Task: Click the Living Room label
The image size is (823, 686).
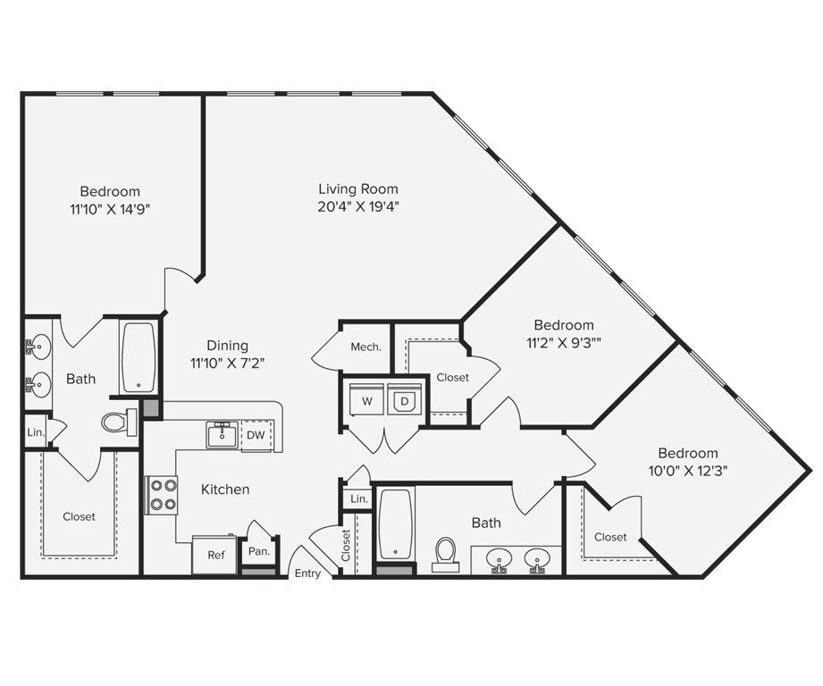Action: (358, 189)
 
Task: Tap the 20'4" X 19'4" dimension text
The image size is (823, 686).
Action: (358, 207)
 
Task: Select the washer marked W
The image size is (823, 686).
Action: (366, 402)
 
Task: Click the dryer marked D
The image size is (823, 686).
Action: (404, 402)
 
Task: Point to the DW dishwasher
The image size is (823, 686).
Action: (256, 435)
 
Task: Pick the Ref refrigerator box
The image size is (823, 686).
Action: (215, 555)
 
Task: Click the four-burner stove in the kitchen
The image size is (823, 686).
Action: (163, 496)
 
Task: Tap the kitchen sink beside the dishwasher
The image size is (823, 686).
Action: (222, 435)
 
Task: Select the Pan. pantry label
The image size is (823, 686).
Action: (259, 552)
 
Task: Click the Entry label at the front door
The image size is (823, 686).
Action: (307, 573)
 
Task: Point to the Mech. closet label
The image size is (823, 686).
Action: (366, 347)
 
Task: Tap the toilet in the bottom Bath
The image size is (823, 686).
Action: (445, 554)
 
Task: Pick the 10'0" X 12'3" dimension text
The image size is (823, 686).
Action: (687, 471)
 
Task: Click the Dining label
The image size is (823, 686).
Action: (227, 346)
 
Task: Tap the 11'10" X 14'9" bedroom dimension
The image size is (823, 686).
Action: (110, 209)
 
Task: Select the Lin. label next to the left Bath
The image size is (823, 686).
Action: (35, 431)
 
